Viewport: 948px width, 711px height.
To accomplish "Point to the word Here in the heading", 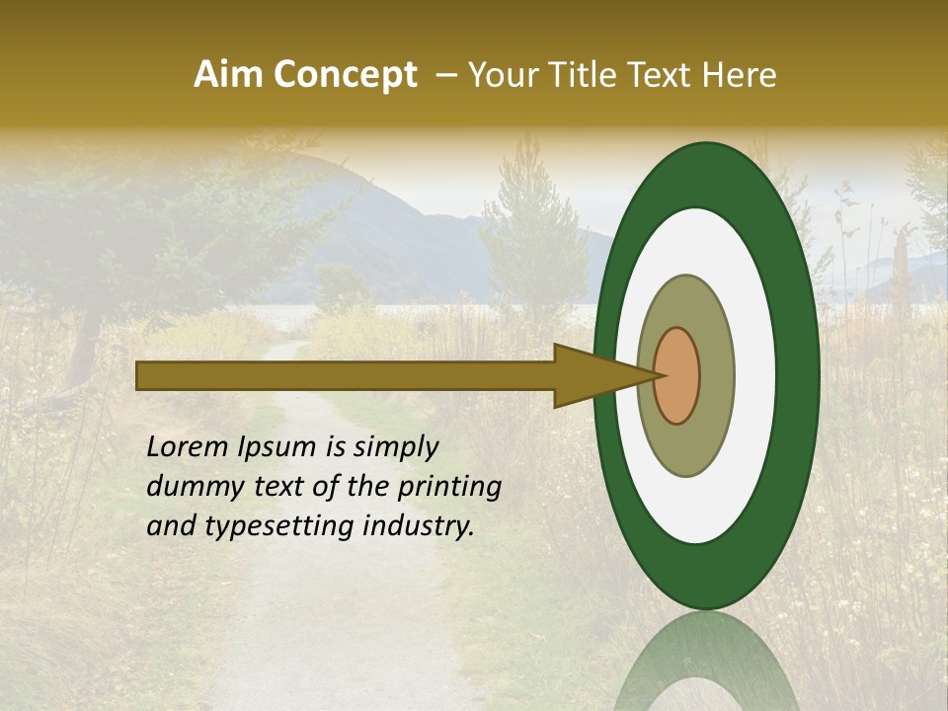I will click(740, 75).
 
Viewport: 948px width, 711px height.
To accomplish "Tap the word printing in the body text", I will click(448, 487).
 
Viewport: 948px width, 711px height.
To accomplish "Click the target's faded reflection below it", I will click(706, 662).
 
